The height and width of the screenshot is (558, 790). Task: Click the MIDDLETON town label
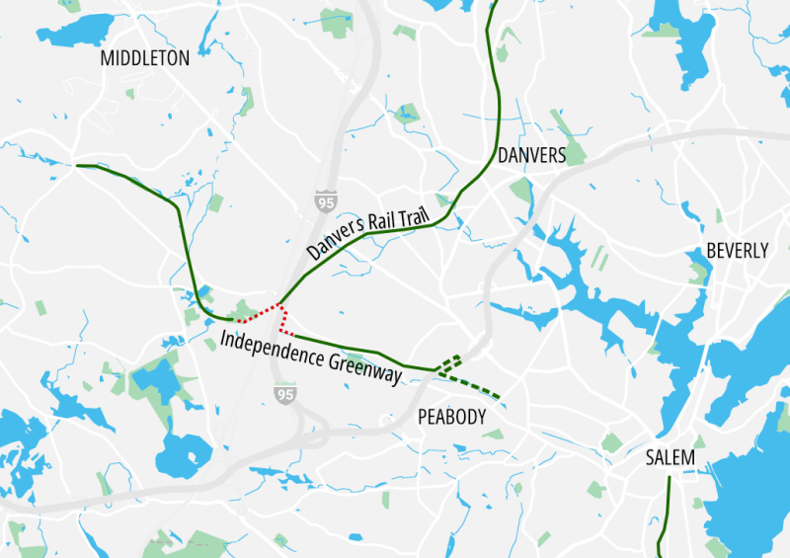coord(145,58)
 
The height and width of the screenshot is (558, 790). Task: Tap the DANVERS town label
coord(531,156)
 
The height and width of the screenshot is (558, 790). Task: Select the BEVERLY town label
coord(737,251)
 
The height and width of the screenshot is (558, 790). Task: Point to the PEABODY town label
coord(452,418)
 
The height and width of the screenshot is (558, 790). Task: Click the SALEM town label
coord(670,458)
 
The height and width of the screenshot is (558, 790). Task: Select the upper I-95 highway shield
coord(326,201)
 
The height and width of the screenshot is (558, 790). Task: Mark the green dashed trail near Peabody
coord(474,385)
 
